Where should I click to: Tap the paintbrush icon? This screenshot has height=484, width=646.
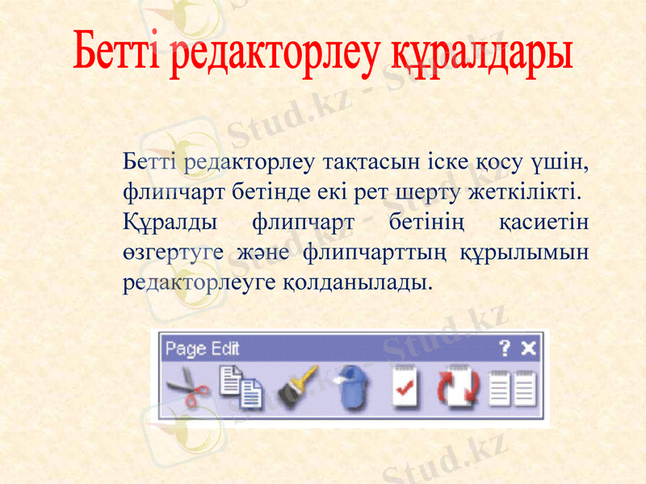[x=298, y=389]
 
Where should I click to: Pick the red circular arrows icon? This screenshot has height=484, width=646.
[x=458, y=389]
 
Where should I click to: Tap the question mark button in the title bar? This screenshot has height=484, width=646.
[x=505, y=348]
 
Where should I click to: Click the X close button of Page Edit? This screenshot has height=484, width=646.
[x=528, y=348]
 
